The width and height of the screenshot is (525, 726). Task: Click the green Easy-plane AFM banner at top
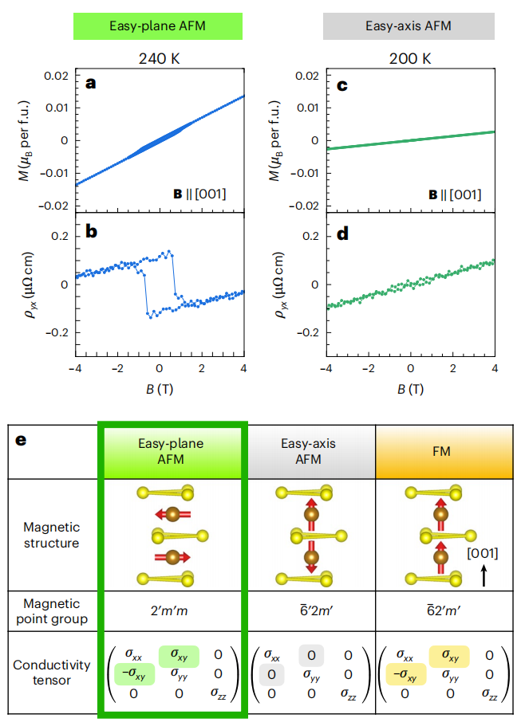[157, 26]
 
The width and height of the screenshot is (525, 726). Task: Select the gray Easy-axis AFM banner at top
[409, 26]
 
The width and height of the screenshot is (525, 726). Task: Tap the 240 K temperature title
[158, 58]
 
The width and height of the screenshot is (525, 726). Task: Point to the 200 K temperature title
[409, 58]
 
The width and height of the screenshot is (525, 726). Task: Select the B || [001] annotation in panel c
[455, 193]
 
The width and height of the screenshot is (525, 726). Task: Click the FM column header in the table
[441, 451]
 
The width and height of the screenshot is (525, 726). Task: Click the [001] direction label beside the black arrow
[484, 552]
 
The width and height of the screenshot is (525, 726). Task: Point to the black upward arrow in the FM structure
[484, 575]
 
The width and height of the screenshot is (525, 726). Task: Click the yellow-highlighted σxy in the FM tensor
[449, 656]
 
